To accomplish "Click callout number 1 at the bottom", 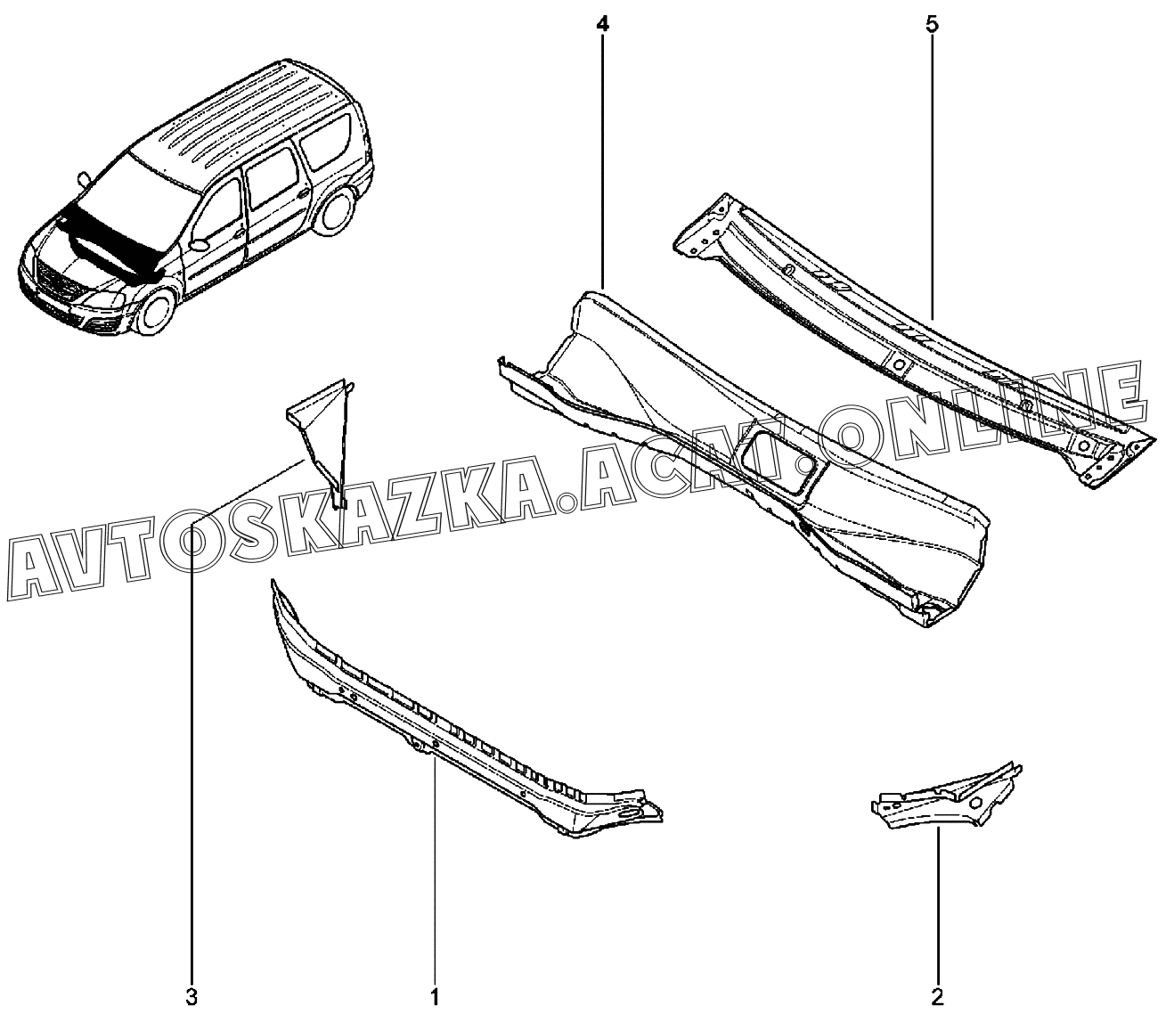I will [x=435, y=995].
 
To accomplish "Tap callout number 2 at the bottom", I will [x=937, y=995].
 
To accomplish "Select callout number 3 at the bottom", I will [x=191, y=995].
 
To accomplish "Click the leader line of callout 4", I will [x=602, y=160].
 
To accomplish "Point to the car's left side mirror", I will [x=199, y=244].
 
